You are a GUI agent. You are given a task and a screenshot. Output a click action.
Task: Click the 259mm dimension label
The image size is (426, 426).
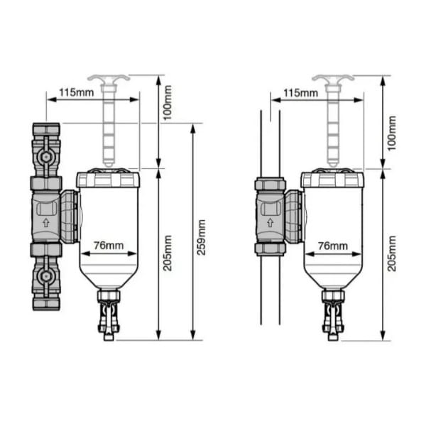point(202,237)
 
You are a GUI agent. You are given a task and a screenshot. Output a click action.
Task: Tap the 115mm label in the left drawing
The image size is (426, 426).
point(77,92)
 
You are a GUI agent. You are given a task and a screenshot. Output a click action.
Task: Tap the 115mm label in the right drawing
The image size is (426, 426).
point(301,93)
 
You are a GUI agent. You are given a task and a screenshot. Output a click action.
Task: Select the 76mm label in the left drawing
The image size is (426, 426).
point(109,246)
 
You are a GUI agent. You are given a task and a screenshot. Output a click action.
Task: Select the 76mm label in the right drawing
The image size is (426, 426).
point(333,246)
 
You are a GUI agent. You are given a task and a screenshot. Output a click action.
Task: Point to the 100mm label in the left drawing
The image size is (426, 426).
point(168,103)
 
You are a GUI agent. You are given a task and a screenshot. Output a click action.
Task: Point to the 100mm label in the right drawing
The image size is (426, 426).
point(391,133)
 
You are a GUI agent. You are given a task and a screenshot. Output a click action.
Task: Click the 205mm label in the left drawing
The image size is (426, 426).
point(168,253)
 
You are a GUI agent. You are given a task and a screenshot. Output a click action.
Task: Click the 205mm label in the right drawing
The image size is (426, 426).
point(391,253)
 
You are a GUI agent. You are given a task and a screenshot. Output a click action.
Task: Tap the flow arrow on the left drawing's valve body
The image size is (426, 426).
point(46,222)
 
